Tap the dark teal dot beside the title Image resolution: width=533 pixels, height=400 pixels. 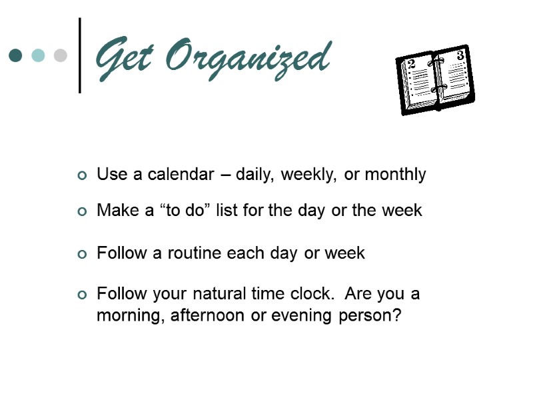pos(16,55)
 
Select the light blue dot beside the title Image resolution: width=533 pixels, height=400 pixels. pos(38,55)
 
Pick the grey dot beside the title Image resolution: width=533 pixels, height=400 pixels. pos(60,55)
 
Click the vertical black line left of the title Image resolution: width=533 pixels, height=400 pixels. pos(80,55)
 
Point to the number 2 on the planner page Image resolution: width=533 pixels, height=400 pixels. pos(411,64)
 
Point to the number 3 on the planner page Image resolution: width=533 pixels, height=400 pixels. pos(460,56)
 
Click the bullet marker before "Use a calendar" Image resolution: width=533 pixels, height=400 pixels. pos(82,176)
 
